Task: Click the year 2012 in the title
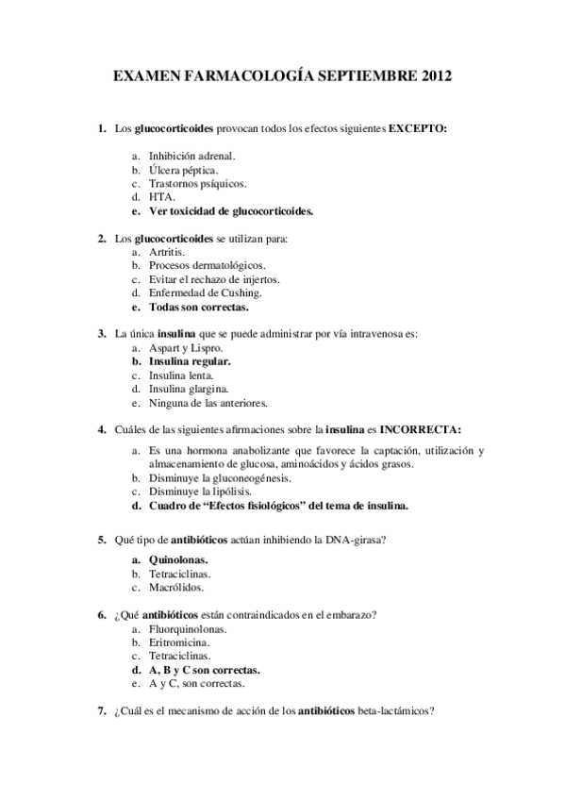coord(433,74)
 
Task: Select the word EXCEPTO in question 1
coord(417,127)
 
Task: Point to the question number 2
coord(102,239)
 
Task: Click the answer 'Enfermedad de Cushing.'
coord(203,293)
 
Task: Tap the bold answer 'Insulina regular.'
coord(190,361)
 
